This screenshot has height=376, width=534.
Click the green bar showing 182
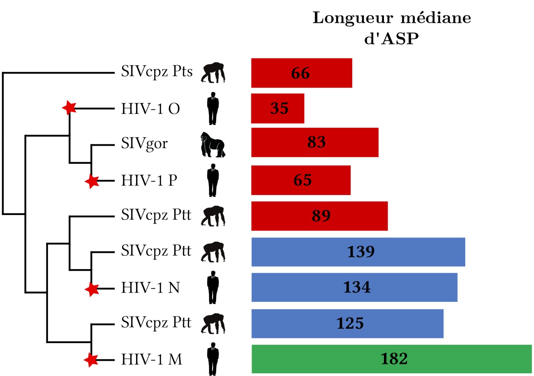point(391,359)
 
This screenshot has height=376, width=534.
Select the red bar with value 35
point(277,109)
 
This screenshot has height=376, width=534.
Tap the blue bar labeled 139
point(358,252)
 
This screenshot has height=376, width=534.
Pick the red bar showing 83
point(315,143)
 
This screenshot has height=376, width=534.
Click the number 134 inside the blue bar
point(357,288)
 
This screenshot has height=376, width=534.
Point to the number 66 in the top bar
point(300,73)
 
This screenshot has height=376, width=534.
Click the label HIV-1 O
point(151,109)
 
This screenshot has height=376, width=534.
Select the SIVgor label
point(144,144)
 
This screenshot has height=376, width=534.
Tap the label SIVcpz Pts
point(157,72)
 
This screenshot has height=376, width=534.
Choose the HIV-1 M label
point(152,359)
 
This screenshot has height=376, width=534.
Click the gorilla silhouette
point(213,145)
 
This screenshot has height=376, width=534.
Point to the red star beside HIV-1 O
point(69,107)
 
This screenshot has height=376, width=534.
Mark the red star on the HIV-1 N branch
point(92,289)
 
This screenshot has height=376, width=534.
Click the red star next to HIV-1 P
point(92,181)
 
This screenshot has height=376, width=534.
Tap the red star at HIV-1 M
point(91,360)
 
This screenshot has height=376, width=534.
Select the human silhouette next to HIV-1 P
point(213,180)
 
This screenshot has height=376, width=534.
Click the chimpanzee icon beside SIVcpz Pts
point(213,72)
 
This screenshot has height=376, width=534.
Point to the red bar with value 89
point(319,216)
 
